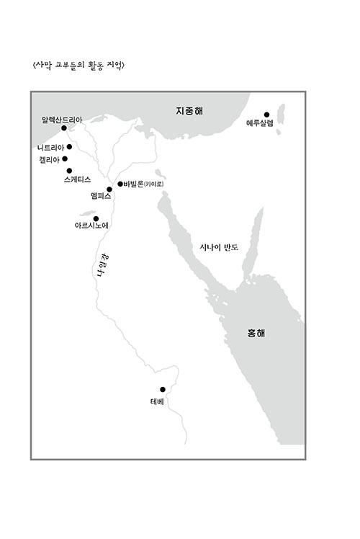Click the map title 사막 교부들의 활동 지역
coord(74,65)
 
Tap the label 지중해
coord(189,111)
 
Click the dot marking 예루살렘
coord(266,114)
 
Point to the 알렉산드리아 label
coord(63,119)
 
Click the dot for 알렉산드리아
coord(64,128)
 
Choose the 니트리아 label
coord(52,147)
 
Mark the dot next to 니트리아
coord(69,146)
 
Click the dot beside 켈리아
coord(65,159)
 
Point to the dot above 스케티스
coord(69,170)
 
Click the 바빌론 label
coord(133,184)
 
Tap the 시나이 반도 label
coord(219,247)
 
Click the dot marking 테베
coord(163,389)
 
